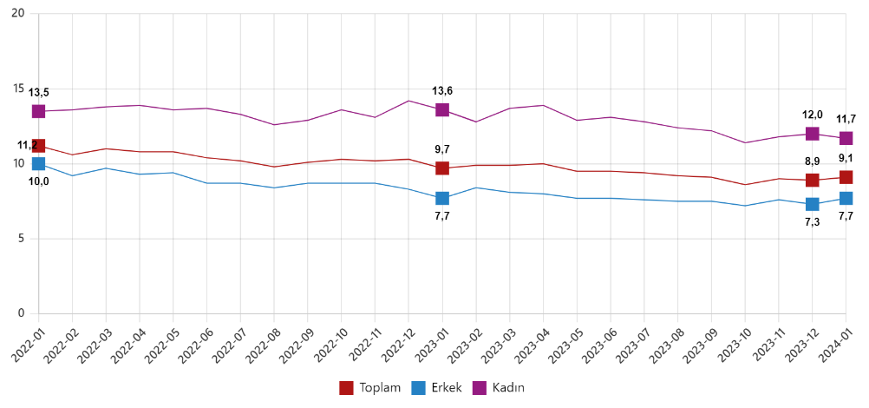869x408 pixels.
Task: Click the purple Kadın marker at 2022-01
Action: pyautogui.click(x=38, y=111)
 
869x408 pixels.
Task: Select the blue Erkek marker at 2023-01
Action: pyautogui.click(x=442, y=199)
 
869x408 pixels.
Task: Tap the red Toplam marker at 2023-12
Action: pyautogui.click(x=812, y=181)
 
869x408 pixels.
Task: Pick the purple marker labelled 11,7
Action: pyautogui.click(x=846, y=138)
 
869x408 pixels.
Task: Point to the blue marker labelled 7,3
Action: pyautogui.click(x=812, y=204)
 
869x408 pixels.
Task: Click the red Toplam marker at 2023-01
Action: pyautogui.click(x=442, y=168)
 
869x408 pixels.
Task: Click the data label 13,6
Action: pyautogui.click(x=442, y=90)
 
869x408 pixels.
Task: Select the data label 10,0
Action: pyautogui.click(x=39, y=181)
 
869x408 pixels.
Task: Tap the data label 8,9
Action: pyautogui.click(x=813, y=161)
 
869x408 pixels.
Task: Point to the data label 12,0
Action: pyautogui.click(x=813, y=115)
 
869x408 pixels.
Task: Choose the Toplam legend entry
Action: pyautogui.click(x=369, y=387)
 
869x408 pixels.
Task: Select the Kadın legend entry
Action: pyautogui.click(x=500, y=387)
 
